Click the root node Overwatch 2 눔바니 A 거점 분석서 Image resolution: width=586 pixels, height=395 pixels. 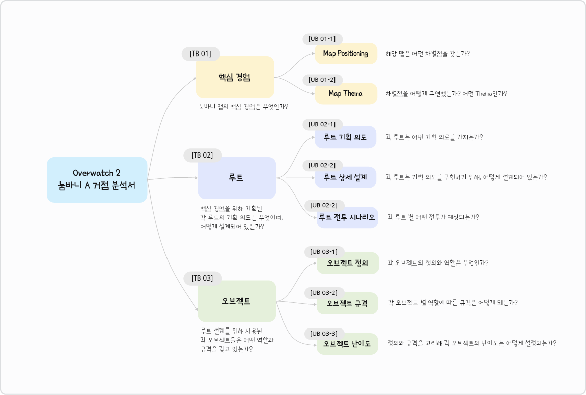click(97, 180)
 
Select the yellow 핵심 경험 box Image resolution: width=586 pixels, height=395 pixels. click(235, 77)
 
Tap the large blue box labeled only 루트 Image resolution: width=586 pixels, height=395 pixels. click(236, 178)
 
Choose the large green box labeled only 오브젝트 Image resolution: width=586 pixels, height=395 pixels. click(236, 301)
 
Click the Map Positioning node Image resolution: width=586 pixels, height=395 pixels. click(346, 53)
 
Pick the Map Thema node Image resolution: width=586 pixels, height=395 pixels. click(346, 94)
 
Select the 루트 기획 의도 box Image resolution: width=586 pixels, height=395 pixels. click(346, 137)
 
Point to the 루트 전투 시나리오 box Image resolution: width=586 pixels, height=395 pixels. click(347, 217)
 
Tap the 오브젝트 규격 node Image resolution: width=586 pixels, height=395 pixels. click(347, 303)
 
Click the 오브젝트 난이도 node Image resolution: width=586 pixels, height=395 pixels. click(347, 344)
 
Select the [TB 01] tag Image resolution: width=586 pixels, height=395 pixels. click(201, 54)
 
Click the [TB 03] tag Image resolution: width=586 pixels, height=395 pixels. click(202, 278)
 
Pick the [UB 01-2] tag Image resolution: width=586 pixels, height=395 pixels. click(322, 80)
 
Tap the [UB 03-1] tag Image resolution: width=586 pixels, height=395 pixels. click(324, 251)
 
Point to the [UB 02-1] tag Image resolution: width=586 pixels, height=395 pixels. click(322, 124)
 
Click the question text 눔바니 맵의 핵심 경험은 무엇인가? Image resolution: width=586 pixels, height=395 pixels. click(246, 106)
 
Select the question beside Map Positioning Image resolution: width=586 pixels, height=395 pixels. click(428, 53)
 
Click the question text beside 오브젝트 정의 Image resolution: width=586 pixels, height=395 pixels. click(438, 262)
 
